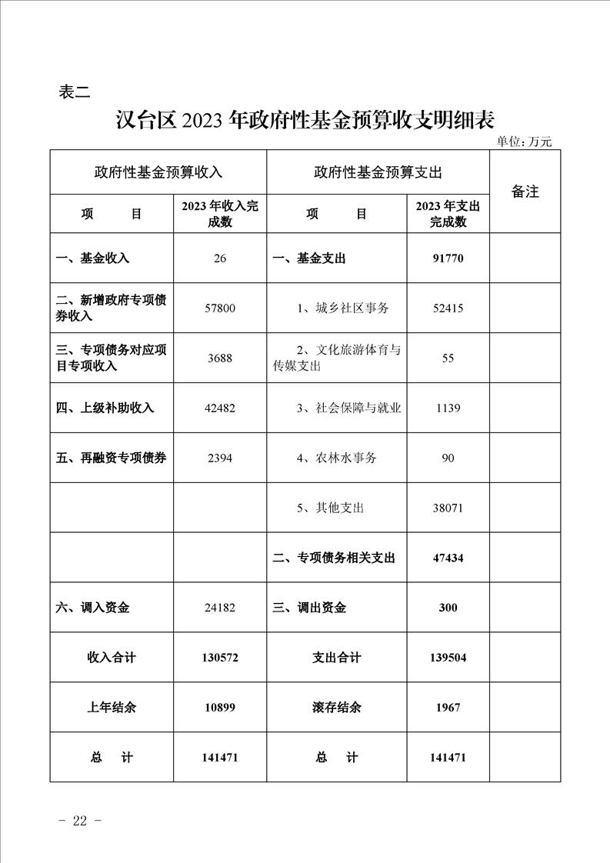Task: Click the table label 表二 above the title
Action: tap(75, 92)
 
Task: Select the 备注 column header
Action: tap(525, 192)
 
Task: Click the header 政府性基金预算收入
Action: tap(158, 172)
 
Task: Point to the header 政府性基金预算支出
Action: tap(378, 172)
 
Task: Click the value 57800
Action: tap(220, 308)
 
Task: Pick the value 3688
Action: tap(220, 358)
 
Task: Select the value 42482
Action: tap(220, 408)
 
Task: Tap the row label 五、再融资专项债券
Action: tap(112, 458)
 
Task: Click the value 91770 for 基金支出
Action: tap(448, 258)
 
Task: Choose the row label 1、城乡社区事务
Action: tap(343, 308)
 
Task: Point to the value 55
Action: tap(448, 358)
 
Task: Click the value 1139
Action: tap(448, 408)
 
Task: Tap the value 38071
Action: tap(448, 508)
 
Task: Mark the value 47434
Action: tap(448, 558)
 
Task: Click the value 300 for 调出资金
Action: tap(448, 608)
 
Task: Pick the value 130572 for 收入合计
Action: tap(220, 658)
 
